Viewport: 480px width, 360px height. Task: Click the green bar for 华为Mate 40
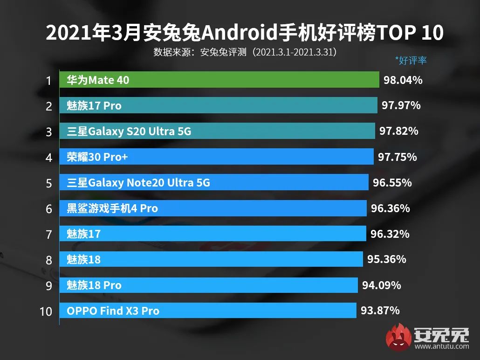[219, 80]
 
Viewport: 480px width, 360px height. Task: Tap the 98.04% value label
[403, 80]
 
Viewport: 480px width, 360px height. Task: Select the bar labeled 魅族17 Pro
[218, 106]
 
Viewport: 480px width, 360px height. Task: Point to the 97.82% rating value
[398, 131]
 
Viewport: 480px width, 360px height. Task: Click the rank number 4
[48, 157]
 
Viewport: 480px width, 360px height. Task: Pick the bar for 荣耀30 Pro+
[216, 157]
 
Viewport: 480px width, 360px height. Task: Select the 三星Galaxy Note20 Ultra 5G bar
[214, 183]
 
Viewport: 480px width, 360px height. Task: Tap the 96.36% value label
[390, 208]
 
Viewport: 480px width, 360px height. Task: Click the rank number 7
[48, 234]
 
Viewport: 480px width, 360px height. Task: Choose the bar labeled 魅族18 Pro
[208, 285]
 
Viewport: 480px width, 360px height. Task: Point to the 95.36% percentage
[386, 259]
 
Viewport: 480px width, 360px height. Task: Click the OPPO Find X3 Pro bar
[207, 311]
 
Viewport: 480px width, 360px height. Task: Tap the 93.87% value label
[380, 310]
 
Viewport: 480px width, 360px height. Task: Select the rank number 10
[46, 311]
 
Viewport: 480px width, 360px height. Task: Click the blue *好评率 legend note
[411, 60]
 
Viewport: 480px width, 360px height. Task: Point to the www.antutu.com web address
[441, 346]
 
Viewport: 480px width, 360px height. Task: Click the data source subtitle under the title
[245, 52]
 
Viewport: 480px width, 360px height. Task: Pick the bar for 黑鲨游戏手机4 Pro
[213, 208]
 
